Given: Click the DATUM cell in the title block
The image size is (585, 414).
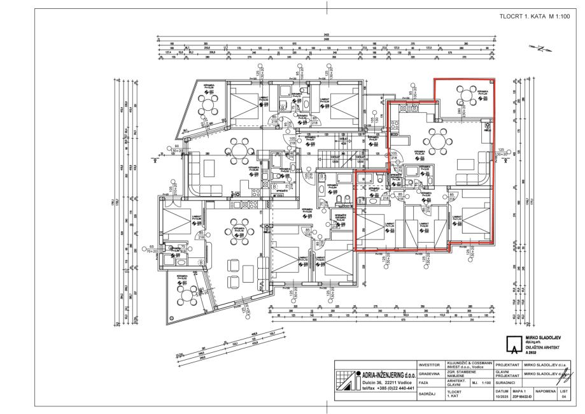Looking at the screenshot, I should coord(500,393).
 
